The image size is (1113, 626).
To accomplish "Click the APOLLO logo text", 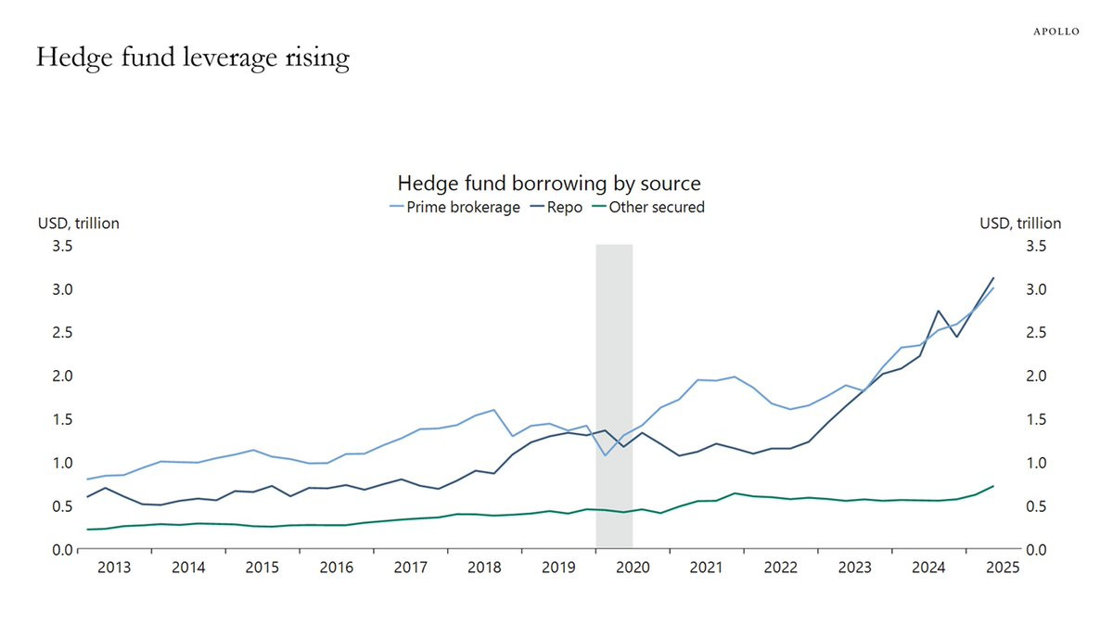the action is tap(1056, 32).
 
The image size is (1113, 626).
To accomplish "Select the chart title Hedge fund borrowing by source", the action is tap(549, 184).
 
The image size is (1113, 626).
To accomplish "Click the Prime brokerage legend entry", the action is tap(455, 207).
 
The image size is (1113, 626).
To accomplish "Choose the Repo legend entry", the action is tap(556, 207).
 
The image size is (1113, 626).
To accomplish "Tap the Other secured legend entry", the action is tap(649, 207).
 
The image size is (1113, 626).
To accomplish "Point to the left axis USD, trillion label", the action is tap(79, 224).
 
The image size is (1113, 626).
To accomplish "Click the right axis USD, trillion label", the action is tap(1020, 224).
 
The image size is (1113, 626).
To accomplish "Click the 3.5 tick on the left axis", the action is tap(63, 246).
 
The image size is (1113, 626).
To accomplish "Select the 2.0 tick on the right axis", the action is tap(1037, 377).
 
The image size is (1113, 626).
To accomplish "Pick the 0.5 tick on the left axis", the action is tap(63, 506).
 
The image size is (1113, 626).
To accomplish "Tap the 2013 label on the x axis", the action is tap(114, 568).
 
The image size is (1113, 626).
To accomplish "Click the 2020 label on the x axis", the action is tap(633, 568).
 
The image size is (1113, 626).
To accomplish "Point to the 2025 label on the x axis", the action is tap(1003, 568).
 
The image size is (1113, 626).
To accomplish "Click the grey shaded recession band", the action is tap(614, 395).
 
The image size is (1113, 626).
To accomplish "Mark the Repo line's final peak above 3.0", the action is tap(993, 278).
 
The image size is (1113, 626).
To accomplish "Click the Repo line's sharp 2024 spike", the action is tap(938, 311).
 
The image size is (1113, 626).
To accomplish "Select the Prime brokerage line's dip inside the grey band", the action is tap(605, 455).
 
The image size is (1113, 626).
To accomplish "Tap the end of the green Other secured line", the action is tap(993, 486).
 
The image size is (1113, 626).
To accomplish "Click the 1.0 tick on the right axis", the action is tap(1037, 463).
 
